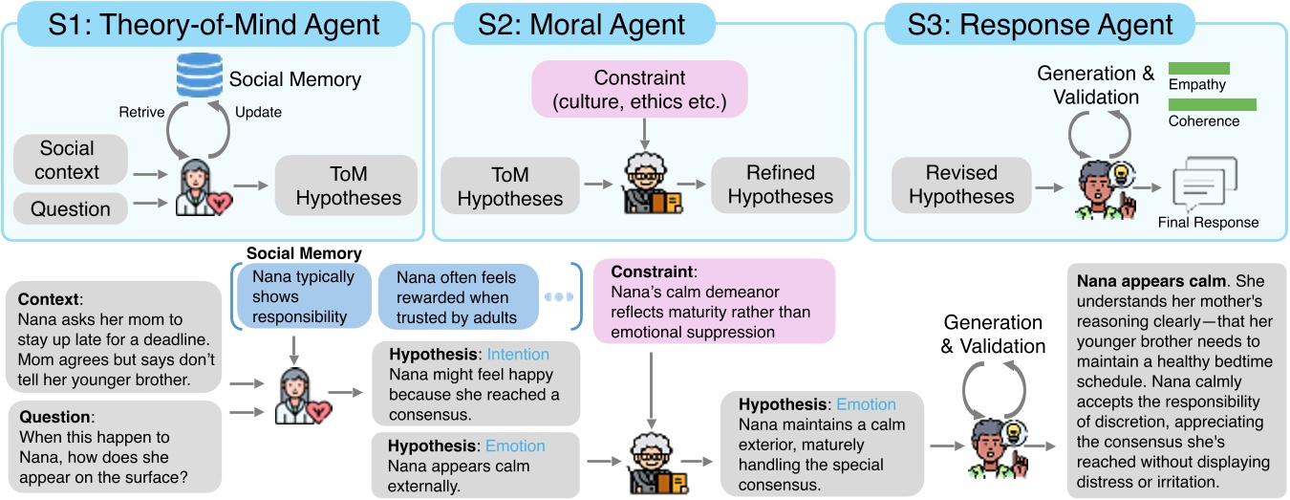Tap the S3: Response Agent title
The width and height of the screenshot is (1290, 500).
coord(1028,24)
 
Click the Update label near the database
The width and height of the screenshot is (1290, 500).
coord(258,112)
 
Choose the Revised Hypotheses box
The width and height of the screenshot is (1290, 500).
coord(960,185)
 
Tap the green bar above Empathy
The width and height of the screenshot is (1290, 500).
coord(1198,69)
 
